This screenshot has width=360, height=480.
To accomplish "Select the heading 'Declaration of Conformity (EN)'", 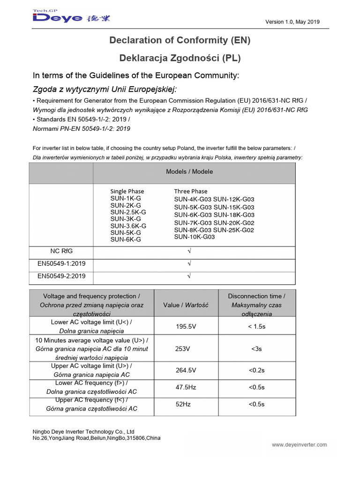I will pyautogui.click(x=180, y=41).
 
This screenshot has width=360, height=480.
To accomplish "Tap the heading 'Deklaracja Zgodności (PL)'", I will pyautogui.click(x=180, y=58).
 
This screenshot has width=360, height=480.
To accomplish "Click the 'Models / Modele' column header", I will pyautogui.click(x=189, y=172).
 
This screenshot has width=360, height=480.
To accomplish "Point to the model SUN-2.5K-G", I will pyautogui.click(x=128, y=212).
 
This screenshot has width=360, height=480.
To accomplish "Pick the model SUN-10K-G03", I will pyautogui.click(x=194, y=237).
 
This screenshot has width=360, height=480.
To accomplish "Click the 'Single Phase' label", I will pyautogui.click(x=127, y=191).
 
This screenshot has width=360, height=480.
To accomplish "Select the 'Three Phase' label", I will pyautogui.click(x=190, y=191).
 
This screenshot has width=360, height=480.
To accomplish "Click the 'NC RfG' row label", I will pyautogui.click(x=61, y=251).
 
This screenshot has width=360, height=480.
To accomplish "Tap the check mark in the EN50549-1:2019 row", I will pyautogui.click(x=189, y=264).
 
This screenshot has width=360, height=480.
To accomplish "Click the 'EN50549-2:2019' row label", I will pyautogui.click(x=61, y=276).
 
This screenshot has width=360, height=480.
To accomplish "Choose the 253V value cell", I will pyautogui.click(x=183, y=349).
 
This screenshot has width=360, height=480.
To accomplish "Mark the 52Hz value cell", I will pyautogui.click(x=182, y=404).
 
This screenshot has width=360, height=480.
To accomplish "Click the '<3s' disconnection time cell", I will pyautogui.click(x=256, y=349).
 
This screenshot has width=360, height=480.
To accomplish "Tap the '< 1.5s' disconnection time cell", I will pyautogui.click(x=256, y=326).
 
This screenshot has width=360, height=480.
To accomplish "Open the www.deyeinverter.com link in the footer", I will pyautogui.click(x=299, y=445).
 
